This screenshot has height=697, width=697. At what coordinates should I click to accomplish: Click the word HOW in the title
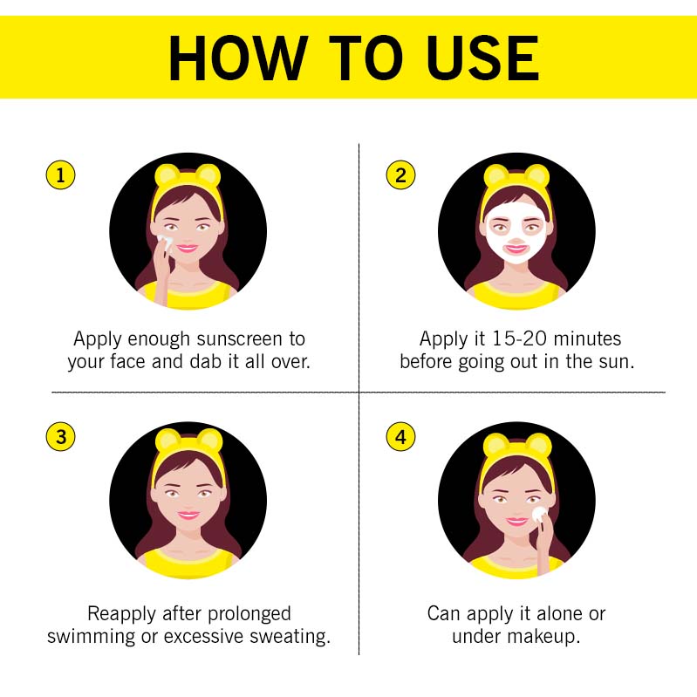(x=238, y=58)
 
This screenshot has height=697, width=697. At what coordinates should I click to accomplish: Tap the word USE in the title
(x=483, y=58)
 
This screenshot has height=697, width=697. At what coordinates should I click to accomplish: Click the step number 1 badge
(x=60, y=174)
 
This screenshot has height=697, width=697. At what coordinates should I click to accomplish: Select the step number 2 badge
(x=400, y=174)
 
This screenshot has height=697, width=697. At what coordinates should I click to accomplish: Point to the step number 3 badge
(x=60, y=436)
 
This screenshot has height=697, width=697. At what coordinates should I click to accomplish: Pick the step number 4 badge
(x=400, y=436)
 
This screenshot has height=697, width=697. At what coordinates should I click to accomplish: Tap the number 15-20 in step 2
(x=519, y=338)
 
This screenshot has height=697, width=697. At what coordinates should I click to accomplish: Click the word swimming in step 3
(x=91, y=637)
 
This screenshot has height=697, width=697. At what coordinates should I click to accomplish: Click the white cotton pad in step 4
(x=539, y=515)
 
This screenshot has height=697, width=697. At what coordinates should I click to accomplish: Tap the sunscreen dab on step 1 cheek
(x=165, y=243)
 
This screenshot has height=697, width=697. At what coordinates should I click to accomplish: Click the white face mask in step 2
(x=516, y=238)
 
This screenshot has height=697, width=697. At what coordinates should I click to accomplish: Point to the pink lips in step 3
(x=188, y=516)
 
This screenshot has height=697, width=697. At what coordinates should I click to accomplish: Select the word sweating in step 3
(x=290, y=637)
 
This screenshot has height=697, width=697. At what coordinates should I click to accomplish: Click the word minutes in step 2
(x=587, y=338)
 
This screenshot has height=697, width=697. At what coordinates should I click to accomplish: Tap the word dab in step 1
(x=205, y=361)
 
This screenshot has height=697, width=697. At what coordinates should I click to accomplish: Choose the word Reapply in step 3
(x=122, y=614)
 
